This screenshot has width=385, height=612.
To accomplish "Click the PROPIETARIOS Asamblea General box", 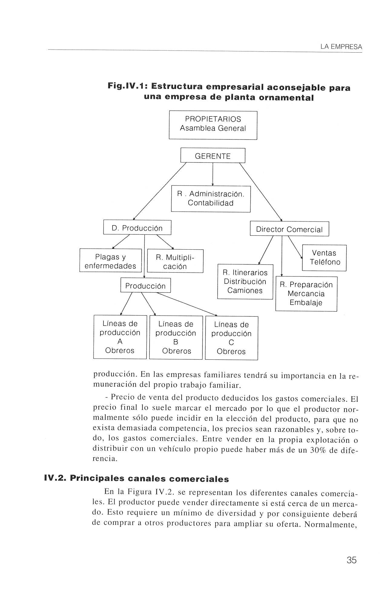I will click(x=213, y=125).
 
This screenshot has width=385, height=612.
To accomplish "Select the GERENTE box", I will click(x=212, y=156).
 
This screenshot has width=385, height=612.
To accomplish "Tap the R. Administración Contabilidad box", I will click(x=211, y=199).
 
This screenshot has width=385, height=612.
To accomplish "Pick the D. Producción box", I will click(x=137, y=227).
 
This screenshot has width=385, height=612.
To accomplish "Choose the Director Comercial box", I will click(x=289, y=229).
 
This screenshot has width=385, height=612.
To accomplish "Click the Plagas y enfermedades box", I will click(x=110, y=261).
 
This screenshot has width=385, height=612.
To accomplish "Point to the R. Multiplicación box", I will click(x=175, y=261).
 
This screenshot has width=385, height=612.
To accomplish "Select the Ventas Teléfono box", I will click(x=324, y=258).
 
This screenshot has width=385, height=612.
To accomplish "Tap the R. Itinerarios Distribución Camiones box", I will click(x=245, y=282).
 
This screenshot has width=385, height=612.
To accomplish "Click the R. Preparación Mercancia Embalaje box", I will click(x=306, y=294).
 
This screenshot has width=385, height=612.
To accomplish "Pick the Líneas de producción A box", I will click(x=120, y=337).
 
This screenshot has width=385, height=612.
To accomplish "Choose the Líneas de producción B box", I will click(x=176, y=338).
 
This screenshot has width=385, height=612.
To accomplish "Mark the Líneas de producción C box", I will click(x=231, y=338).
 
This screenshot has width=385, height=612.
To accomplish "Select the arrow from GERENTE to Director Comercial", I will click(x=261, y=192).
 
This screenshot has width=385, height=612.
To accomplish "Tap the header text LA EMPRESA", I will click(x=341, y=47).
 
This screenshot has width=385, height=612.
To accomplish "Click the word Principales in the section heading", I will click(x=97, y=479).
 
